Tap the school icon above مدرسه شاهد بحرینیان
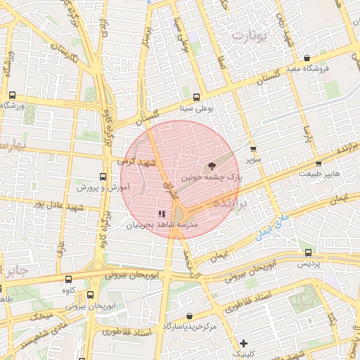click(162, 213)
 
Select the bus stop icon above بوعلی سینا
click(195, 98)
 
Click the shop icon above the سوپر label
click(253, 149)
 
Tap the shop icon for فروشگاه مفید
click(307, 58)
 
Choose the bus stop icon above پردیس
click(308, 252)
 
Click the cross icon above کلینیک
click(243, 344)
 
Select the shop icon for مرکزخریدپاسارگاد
click(191, 316)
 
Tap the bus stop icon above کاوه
click(68, 279)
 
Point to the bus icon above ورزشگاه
click(12, 95)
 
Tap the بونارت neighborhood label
click(251, 35)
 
